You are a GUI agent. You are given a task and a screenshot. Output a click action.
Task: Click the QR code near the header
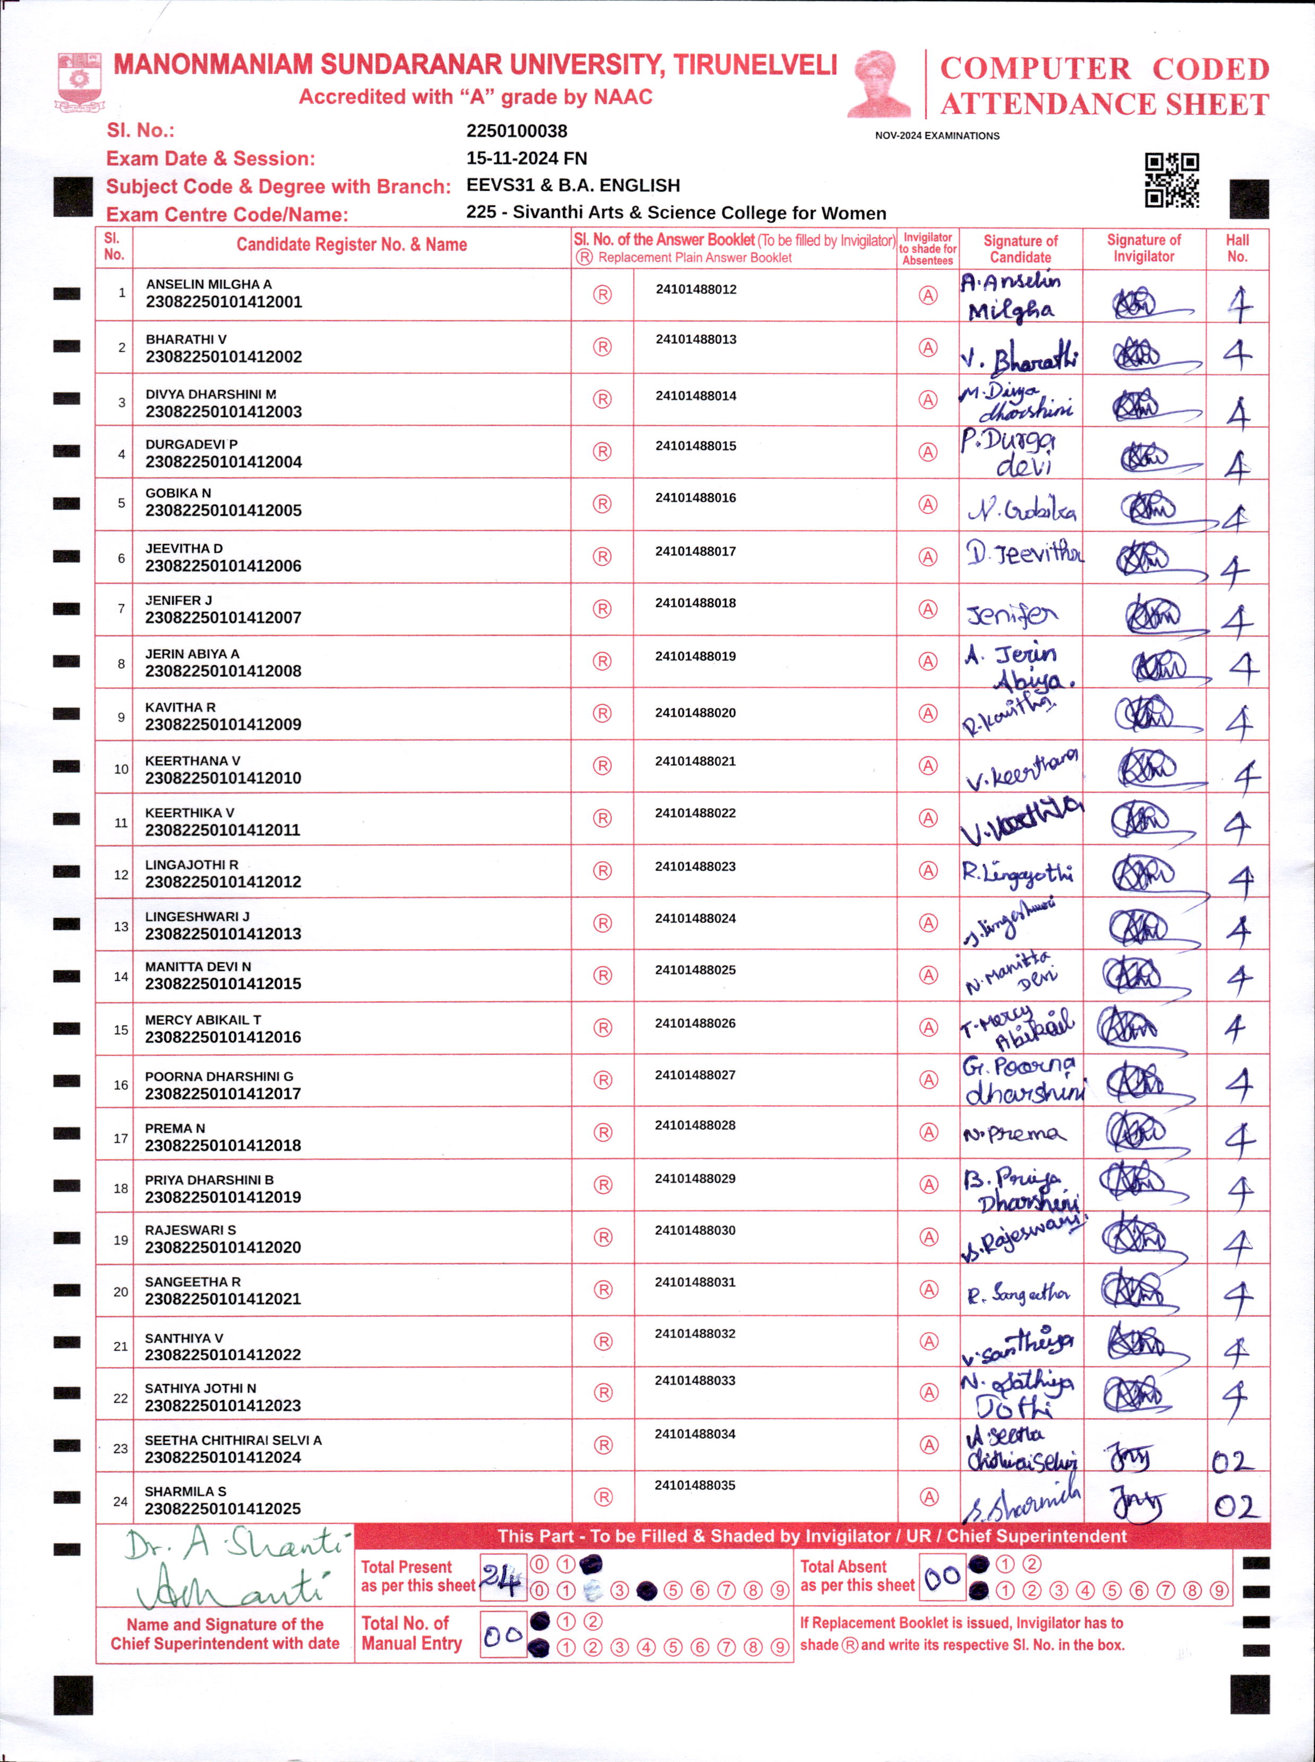[x=1172, y=180]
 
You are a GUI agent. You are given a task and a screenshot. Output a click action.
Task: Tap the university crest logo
[x=79, y=80]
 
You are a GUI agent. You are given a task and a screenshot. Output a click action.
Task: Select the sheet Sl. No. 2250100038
[x=517, y=131]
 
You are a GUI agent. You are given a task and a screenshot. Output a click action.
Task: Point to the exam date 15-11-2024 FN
[x=526, y=158]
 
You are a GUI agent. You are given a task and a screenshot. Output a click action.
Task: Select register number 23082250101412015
[x=223, y=984]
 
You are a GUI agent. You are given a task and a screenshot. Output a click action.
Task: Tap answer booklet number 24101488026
[x=695, y=1023]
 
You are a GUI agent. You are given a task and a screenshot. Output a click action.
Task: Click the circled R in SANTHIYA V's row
[x=603, y=1342]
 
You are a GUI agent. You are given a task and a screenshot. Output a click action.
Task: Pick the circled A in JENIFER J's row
[x=928, y=609]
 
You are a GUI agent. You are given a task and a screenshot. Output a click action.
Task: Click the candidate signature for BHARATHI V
[x=1020, y=356]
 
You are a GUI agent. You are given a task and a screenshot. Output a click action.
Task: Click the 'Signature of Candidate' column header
[x=1020, y=249]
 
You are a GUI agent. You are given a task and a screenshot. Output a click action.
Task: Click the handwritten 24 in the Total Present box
[x=501, y=1577]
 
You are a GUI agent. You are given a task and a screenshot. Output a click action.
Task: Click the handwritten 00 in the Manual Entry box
[x=502, y=1636]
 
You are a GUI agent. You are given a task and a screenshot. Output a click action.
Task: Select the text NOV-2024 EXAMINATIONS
[x=937, y=136]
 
